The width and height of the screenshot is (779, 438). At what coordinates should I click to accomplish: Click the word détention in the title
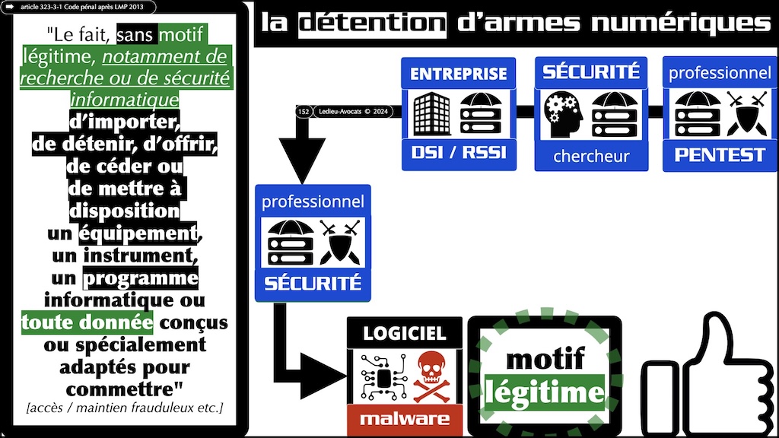click(x=372, y=23)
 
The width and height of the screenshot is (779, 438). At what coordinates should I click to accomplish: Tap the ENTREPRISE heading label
click(x=458, y=74)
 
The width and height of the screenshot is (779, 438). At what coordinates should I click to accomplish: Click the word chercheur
click(x=590, y=157)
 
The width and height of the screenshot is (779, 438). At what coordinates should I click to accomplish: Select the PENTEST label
click(x=720, y=155)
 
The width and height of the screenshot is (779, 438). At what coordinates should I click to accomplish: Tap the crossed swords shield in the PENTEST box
click(x=742, y=113)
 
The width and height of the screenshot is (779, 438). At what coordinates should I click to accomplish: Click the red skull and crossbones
click(x=431, y=375)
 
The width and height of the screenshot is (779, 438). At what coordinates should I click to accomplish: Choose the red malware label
click(x=405, y=419)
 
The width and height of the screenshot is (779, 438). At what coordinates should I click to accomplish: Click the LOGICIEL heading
click(x=404, y=332)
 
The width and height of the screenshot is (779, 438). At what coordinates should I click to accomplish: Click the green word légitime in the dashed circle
click(x=545, y=392)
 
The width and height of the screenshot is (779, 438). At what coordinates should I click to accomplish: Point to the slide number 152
click(x=304, y=112)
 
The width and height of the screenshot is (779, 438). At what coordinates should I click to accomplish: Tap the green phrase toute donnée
click(x=87, y=322)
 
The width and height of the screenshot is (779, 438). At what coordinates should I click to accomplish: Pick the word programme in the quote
click(x=141, y=278)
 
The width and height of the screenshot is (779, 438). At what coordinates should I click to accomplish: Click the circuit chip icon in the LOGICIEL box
click(x=379, y=376)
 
